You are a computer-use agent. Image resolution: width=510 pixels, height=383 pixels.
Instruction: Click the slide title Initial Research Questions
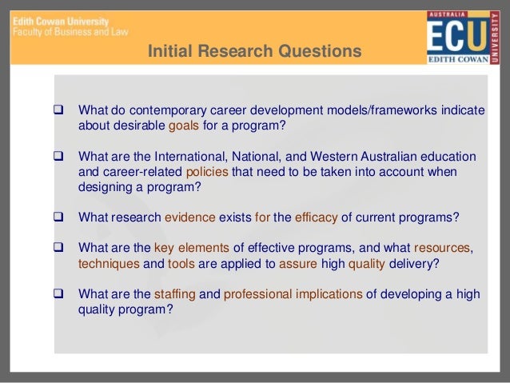254,53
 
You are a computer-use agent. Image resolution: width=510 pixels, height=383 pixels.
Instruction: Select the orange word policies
206,171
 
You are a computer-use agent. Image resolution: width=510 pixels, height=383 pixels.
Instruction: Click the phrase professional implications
293,293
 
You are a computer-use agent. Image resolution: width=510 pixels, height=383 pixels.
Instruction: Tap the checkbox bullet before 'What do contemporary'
58,110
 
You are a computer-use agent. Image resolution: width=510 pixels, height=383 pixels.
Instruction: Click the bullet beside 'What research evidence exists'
58,217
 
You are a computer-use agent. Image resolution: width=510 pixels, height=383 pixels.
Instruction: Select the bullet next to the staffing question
58,293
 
